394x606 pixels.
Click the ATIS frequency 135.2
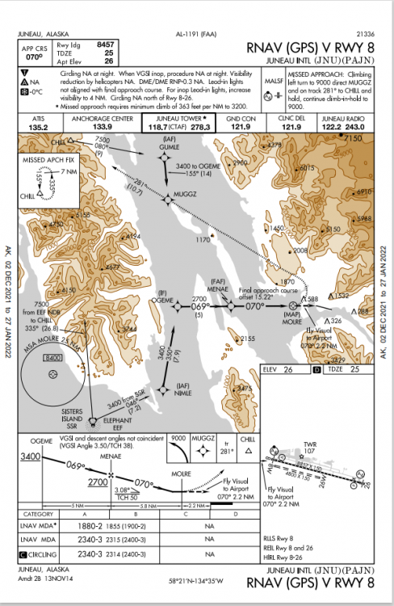click(x=37, y=127)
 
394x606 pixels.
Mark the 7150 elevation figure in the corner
click(x=353, y=139)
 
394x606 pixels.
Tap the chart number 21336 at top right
click(x=366, y=33)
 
